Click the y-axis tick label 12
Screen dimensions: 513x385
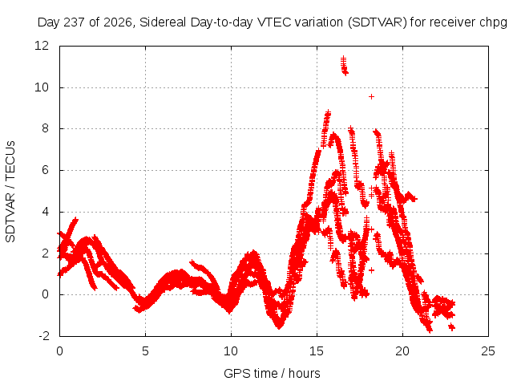pyautogui.click(x=42, y=46)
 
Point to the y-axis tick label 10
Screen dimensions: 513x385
pyautogui.click(x=42, y=87)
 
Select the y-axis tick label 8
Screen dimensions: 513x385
pyautogui.click(x=45, y=128)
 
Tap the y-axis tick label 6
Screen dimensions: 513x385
pyautogui.click(x=45, y=170)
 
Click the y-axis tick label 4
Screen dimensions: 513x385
pyautogui.click(x=45, y=212)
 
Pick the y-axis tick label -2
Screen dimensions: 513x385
pyautogui.click(x=43, y=336)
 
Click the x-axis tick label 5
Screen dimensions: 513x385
pyautogui.click(x=145, y=351)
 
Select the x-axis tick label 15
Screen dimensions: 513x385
pyautogui.click(x=317, y=351)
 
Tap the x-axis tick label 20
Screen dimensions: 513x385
pyautogui.click(x=402, y=351)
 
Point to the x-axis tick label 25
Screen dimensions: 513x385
pyautogui.click(x=488, y=351)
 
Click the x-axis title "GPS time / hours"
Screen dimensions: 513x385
pyautogui.click(x=272, y=374)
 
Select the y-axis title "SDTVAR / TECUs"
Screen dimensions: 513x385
pyautogui.click(x=10, y=192)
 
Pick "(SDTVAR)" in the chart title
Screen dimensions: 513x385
pyautogui.click(x=378, y=22)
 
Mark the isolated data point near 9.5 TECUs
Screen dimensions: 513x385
pyautogui.click(x=371, y=96)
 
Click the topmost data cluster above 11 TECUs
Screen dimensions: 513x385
pyautogui.click(x=344, y=66)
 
